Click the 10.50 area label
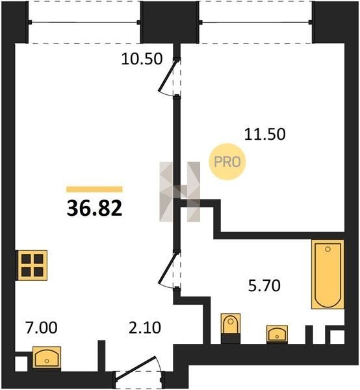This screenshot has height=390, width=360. pos(142,59)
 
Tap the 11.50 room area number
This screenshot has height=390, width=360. pos(264,134)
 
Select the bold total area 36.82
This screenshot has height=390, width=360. pos(94,208)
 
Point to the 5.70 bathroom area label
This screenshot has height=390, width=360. pos(264,285)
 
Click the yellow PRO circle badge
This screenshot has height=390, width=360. pos(227,162)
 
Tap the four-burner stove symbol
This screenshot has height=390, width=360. pos(32,265)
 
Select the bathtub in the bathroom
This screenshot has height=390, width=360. pos(328,274)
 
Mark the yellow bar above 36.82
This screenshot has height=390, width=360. pos(94,189)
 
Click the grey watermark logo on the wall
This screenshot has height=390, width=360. pos(179,192)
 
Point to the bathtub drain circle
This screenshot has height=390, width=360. pos(328,249)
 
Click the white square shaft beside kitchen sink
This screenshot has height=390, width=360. pos(21,364)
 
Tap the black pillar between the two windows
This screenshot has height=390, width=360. pos(170,22)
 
